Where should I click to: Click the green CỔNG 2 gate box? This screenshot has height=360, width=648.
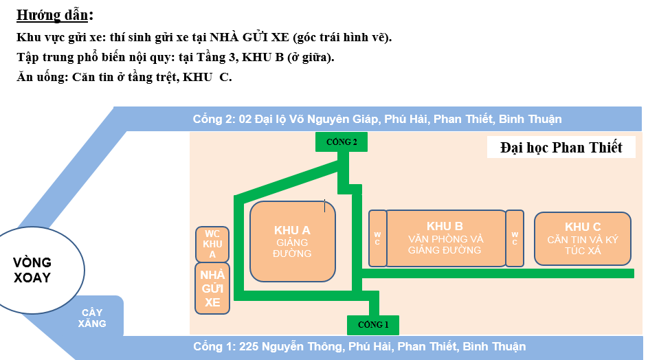[342, 142]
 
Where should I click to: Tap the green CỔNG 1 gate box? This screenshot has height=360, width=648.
[372, 324]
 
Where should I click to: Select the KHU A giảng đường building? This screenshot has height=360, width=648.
[293, 242]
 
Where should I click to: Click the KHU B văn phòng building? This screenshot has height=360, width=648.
[445, 238]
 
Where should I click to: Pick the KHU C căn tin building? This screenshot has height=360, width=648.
[583, 238]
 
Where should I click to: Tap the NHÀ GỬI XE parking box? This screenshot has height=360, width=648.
[212, 289]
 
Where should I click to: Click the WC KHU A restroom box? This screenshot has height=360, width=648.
[212, 244]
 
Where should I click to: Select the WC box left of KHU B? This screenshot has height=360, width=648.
[377, 238]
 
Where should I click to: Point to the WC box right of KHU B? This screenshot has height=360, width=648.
[515, 238]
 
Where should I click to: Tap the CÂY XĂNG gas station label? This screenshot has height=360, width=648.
[91, 317]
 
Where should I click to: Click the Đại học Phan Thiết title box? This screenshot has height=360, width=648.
[561, 147]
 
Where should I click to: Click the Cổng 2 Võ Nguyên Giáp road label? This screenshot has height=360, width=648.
[377, 119]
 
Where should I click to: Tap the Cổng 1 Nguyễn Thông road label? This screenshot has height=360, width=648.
[359, 346]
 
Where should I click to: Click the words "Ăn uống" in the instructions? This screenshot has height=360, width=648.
[41, 77]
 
